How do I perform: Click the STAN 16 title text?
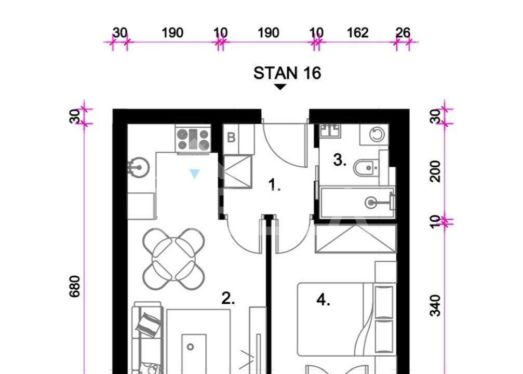click(287, 73)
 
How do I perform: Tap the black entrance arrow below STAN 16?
click(280, 87)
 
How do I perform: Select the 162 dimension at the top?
click(357, 33)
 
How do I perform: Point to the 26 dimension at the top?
click(403, 33)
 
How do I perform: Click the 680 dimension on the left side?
click(74, 286)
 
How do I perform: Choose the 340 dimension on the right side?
click(435, 305)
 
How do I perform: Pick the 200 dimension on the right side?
click(435, 171)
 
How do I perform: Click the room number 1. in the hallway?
click(274, 184)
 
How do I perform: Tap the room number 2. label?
click(228, 298)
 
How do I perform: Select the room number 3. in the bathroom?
click(340, 160)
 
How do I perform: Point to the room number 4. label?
click(323, 300)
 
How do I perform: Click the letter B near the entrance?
click(231, 138)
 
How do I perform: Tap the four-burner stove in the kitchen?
click(193, 140)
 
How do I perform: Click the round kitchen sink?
click(138, 167)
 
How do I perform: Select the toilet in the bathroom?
click(366, 168)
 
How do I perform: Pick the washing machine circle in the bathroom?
click(377, 135)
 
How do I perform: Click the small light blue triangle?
click(194, 173)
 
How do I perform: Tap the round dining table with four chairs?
click(173, 259)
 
